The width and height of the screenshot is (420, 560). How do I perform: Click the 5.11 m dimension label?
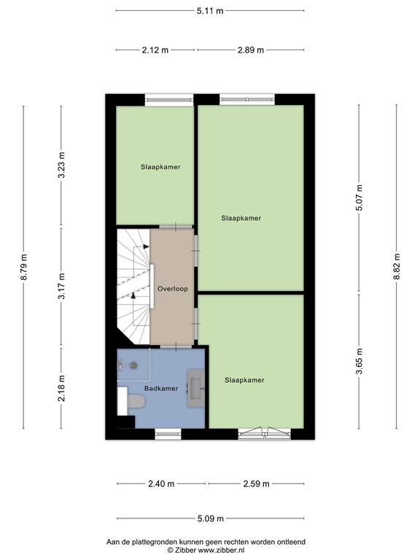click(x=210, y=11)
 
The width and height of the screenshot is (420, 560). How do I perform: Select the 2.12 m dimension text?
click(x=156, y=50)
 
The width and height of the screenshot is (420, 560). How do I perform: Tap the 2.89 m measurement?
click(x=251, y=50)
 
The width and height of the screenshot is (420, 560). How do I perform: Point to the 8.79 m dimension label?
click(x=24, y=267)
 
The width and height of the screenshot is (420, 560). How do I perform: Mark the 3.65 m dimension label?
click(x=359, y=362)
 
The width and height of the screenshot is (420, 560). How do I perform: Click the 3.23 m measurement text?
click(x=62, y=165)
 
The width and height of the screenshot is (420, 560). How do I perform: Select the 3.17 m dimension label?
click(x=62, y=287)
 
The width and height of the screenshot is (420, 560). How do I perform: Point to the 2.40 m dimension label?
click(x=161, y=483)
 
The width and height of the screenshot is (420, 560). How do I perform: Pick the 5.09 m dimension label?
click(x=210, y=521)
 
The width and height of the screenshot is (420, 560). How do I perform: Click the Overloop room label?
click(x=172, y=289)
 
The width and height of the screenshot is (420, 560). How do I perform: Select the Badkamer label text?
click(x=161, y=389)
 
